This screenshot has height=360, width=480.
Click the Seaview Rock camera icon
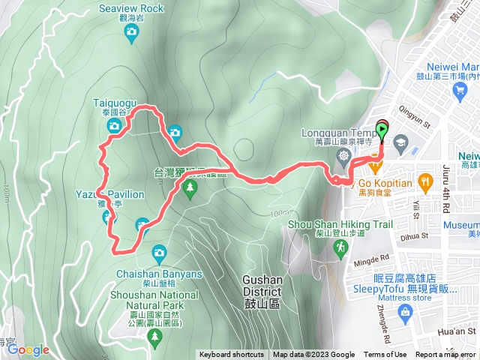(x=132, y=31)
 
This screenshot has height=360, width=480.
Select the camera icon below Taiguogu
(x=114, y=125)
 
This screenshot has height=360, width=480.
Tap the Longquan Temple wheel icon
(x=343, y=156)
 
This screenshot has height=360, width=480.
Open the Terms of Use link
(x=385, y=355)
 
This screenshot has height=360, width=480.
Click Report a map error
(x=445, y=355)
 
